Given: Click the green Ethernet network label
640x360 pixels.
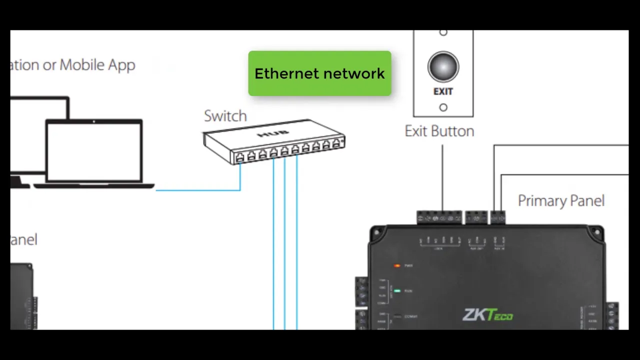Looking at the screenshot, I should pos(319,73).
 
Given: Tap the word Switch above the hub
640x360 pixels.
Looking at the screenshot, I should pos(225,116).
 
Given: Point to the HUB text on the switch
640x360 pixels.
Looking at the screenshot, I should pos(266,135).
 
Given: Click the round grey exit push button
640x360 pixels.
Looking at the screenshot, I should pos(443,67).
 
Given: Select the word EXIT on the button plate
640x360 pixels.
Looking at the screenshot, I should pos(443,92).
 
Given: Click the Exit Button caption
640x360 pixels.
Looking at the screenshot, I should pos(439,131).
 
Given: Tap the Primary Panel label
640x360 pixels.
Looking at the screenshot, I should pos(561,201).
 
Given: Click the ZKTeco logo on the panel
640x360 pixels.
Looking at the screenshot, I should pos(487,315).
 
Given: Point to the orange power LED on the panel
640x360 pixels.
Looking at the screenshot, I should pos(397,265).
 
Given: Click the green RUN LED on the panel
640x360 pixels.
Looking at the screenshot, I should pos(397,290).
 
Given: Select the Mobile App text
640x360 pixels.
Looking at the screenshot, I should pos(97,65).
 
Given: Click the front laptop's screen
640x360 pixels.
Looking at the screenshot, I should pos(94,151).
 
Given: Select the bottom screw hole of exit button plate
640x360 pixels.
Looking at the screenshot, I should pos(443,107).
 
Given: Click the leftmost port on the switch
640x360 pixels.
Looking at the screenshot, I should pos(240,157).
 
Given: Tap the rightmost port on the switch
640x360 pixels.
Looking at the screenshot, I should pos(336,143).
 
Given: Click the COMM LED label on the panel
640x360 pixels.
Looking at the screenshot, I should pos(410,316).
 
